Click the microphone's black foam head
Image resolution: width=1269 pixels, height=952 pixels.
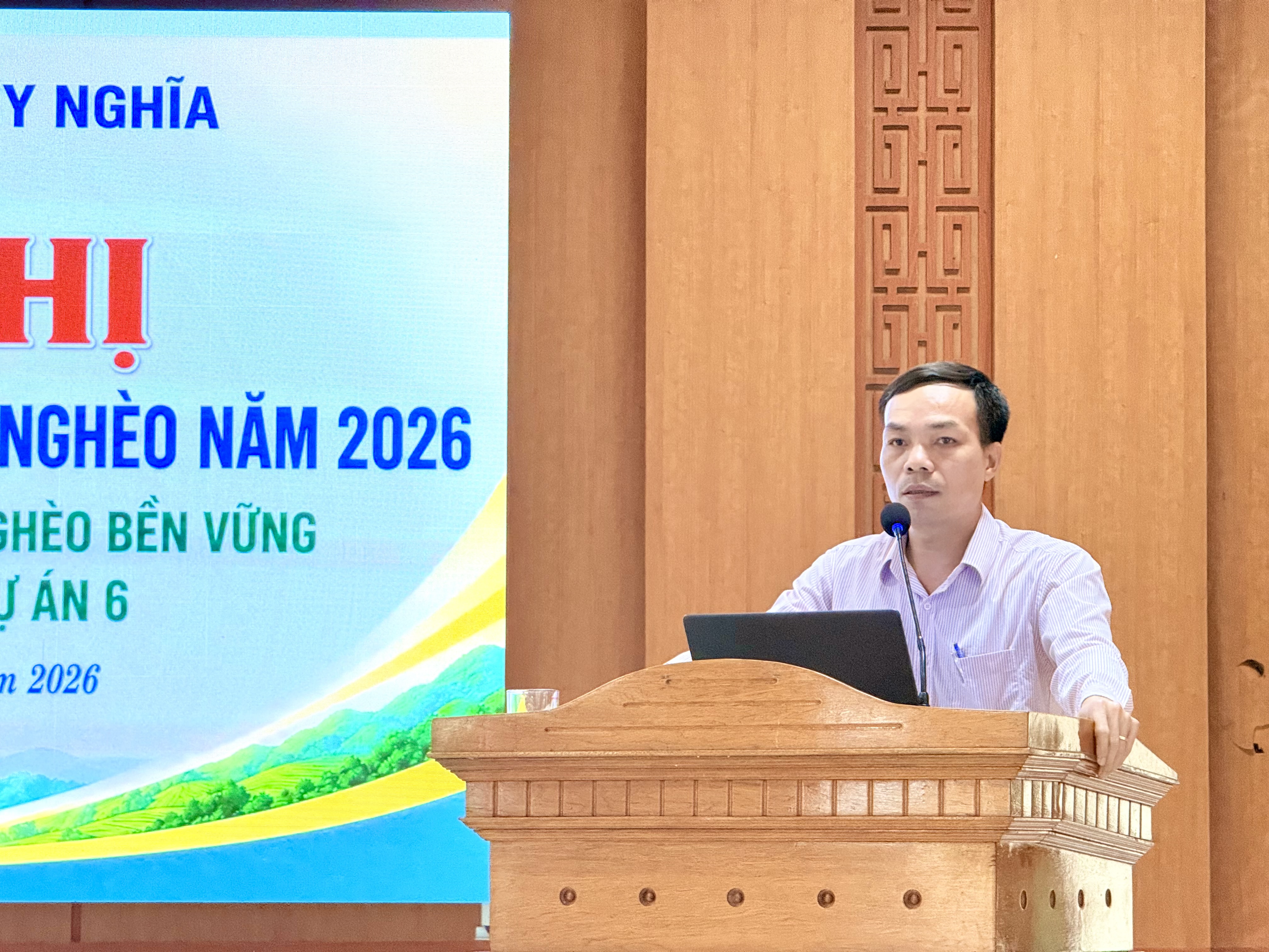[x=895, y=519]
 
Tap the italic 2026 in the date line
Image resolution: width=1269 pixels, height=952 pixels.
[x=63, y=681]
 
